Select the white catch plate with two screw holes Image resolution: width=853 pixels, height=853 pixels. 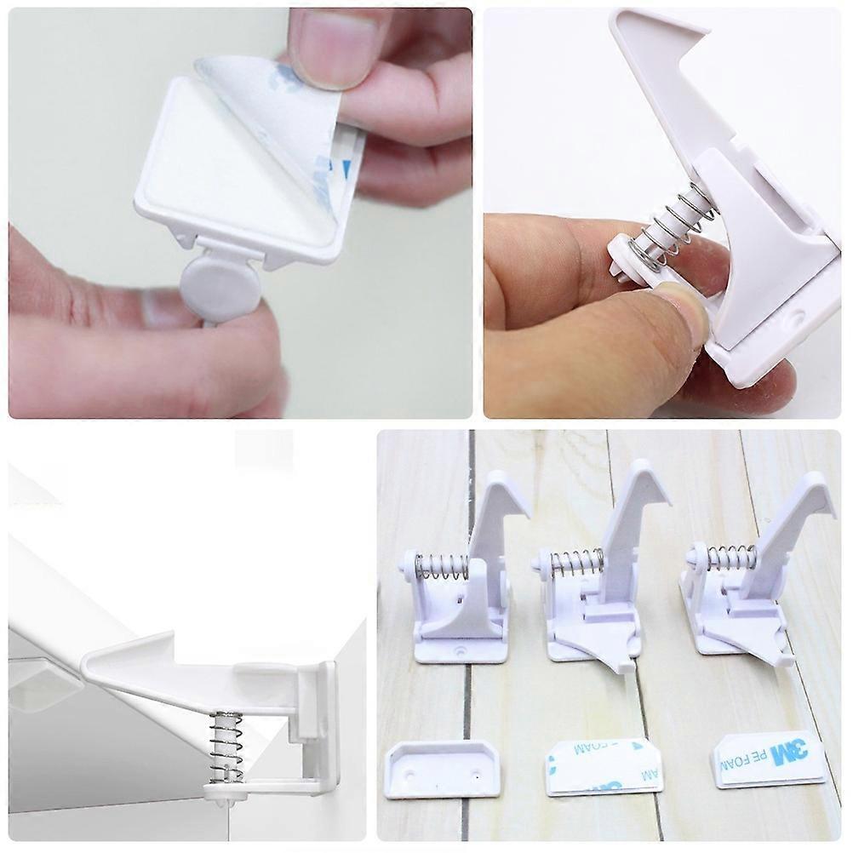click(x=442, y=768)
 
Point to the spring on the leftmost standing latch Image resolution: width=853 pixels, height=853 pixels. click(x=442, y=566)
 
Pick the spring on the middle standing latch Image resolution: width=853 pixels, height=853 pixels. click(x=577, y=563)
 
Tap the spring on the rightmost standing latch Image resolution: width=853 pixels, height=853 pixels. click(x=731, y=558)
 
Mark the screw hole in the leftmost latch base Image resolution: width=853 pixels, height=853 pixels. click(x=461, y=650)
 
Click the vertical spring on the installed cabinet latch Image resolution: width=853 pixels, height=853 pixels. click(x=226, y=747)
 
